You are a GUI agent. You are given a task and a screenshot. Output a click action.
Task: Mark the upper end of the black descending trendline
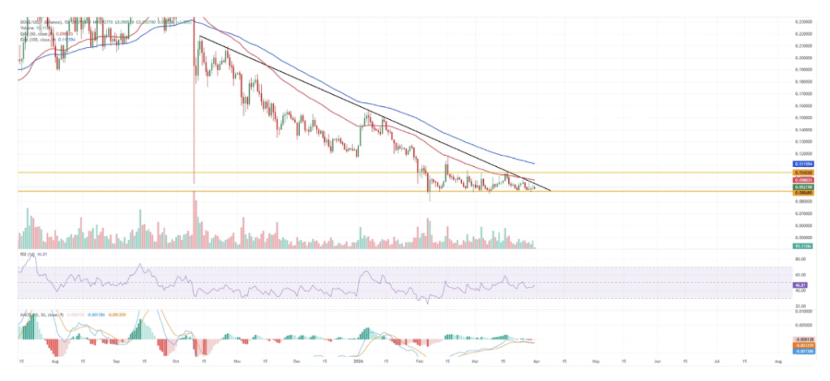click(199, 36)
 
